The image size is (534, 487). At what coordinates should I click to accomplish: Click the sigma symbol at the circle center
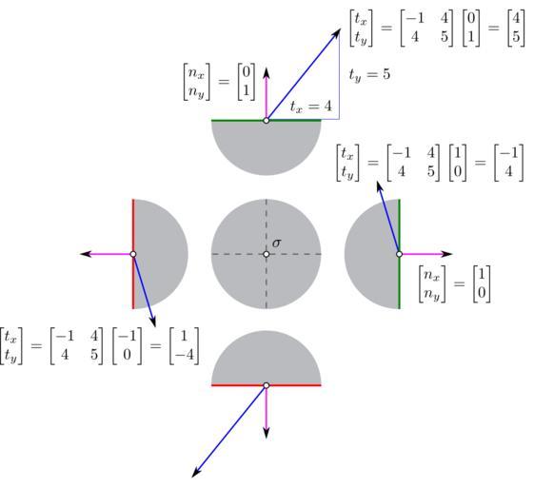(277, 243)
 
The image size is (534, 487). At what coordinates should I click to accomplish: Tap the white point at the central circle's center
(267, 254)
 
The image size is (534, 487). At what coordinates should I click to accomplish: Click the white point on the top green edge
(267, 120)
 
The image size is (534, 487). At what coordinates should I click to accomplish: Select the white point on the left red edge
(133, 254)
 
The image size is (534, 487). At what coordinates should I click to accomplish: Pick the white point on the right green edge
(399, 254)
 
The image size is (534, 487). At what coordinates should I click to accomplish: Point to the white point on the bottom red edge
(267, 385)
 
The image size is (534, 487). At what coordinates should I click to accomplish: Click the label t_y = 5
(369, 75)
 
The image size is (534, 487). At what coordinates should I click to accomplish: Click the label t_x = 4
(310, 107)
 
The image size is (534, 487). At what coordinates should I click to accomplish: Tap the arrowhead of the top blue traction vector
(340, 29)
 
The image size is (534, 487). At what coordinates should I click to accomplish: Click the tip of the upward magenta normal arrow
(267, 68)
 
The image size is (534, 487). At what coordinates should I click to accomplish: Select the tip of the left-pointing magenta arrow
(80, 254)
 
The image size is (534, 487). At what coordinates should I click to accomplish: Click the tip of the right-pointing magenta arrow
(452, 254)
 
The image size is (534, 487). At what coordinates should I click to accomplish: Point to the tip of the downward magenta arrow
(267, 438)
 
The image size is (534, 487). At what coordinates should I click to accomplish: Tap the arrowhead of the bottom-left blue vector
(191, 477)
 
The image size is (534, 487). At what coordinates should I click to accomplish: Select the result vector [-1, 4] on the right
(509, 163)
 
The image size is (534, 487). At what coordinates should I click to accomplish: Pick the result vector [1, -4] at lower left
(184, 346)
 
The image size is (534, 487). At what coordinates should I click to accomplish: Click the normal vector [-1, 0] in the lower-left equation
(127, 346)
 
